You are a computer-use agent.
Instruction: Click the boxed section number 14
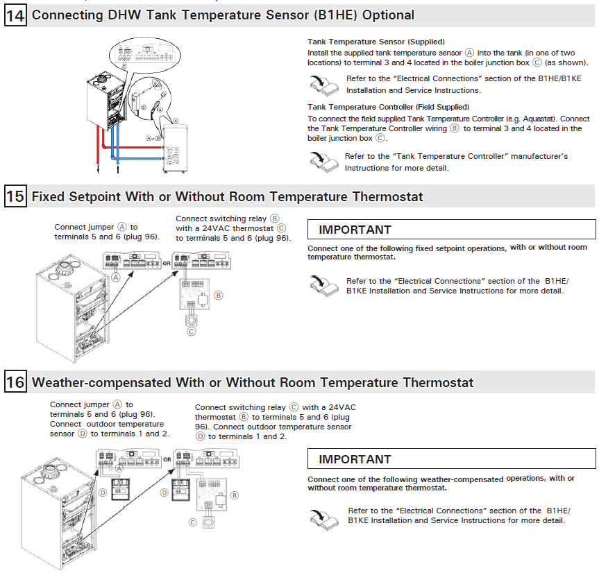pos(15,15)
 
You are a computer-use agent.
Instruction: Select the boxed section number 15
pos(15,196)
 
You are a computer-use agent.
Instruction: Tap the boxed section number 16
pos(15,382)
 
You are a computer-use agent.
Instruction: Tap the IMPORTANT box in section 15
pos(451,230)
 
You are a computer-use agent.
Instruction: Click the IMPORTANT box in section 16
pos(451,459)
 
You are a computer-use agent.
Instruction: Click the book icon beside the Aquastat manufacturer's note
pos(321,160)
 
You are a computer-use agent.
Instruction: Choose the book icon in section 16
pos(321,515)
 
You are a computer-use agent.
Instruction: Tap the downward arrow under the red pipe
pos(98,166)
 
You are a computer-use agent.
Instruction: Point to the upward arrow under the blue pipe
pos(118,166)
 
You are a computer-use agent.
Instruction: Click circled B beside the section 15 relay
pos(219,296)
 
